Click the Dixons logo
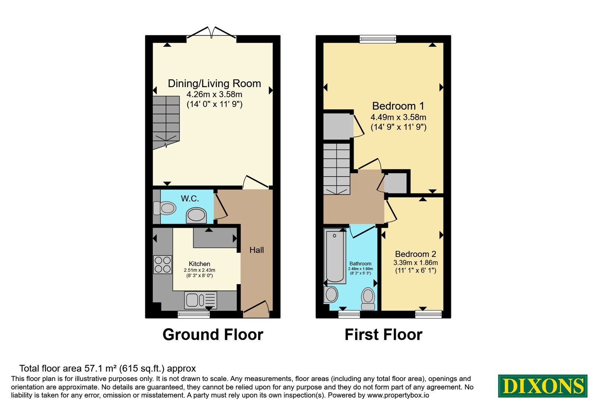tap(542, 386)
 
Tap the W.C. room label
tap(190, 198)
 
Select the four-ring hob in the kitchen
tap(162, 264)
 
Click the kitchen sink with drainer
tap(201, 300)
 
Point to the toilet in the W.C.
tap(165, 208)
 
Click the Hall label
tap(257, 250)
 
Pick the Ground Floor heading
tap(213, 335)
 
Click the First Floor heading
tap(383, 335)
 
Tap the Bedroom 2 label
tap(415, 254)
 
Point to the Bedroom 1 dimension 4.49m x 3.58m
tap(398, 117)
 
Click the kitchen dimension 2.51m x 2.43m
tap(200, 270)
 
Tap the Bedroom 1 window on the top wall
tap(378, 39)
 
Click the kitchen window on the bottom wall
tap(194, 314)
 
